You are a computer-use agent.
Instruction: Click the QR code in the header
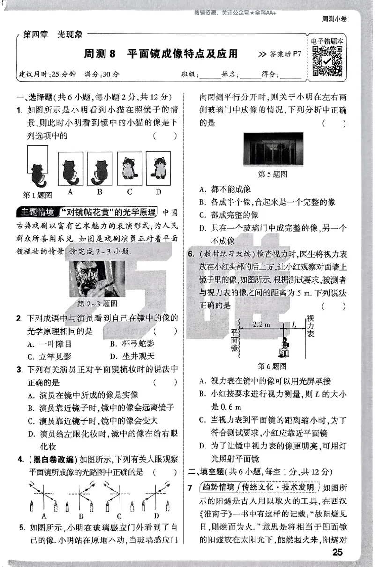[x=327, y=61]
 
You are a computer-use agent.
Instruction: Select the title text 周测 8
[x=99, y=54]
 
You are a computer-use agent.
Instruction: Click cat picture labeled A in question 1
[x=70, y=170]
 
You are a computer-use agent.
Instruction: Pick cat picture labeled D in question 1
[x=158, y=170]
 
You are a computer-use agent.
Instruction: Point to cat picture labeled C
[x=129, y=170]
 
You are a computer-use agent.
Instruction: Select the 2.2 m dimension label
[x=261, y=324]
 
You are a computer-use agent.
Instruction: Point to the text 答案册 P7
[x=279, y=54]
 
